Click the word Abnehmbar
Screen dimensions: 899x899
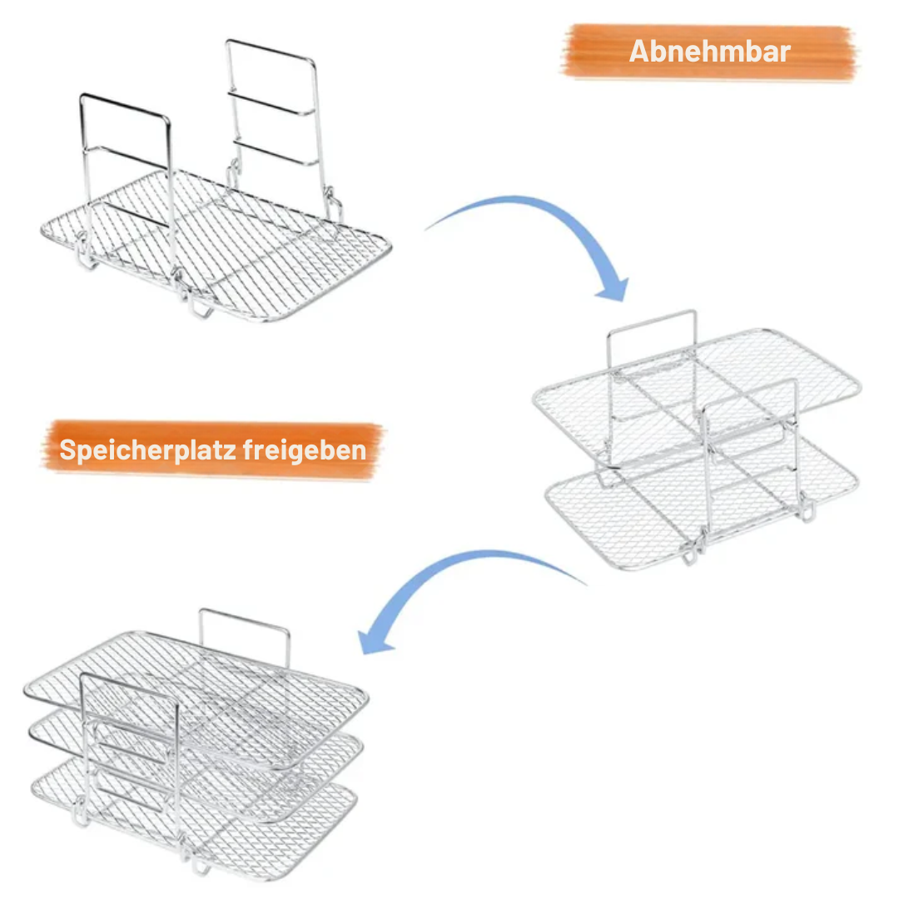[709, 51]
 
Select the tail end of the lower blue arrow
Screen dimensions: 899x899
[583, 583]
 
